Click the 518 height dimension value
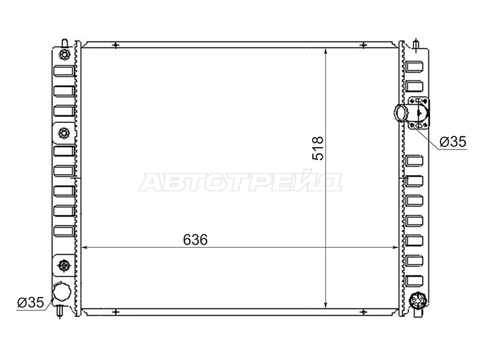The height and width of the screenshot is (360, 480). [318, 148]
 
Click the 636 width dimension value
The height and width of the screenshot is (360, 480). [196, 239]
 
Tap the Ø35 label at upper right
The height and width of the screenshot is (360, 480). [453, 142]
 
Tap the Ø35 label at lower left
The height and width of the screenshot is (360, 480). [31, 302]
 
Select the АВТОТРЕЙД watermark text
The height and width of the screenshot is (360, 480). [240, 182]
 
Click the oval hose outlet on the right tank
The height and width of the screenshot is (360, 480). [401, 112]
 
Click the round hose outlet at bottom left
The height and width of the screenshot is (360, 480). [62, 291]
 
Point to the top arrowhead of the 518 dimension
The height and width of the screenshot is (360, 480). [326, 52]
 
